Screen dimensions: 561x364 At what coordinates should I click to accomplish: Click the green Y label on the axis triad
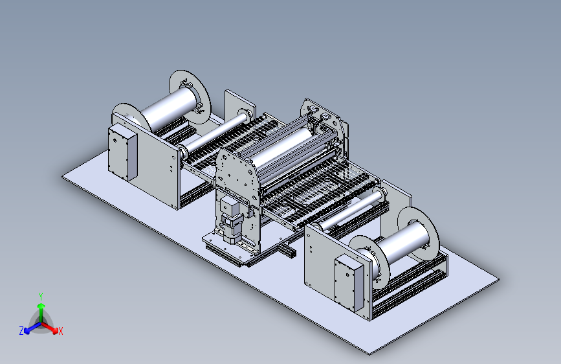[41, 296]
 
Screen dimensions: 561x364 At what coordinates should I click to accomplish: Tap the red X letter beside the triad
[60, 331]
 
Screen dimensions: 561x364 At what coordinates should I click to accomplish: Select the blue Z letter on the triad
[21, 331]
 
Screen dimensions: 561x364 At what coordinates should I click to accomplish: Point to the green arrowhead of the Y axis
[41, 306]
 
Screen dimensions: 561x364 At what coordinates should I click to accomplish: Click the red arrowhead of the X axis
[55, 330]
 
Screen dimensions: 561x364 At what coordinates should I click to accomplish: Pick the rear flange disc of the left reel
[190, 97]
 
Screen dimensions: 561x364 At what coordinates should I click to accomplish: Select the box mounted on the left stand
[122, 152]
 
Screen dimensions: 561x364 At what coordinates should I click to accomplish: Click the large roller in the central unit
[283, 147]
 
